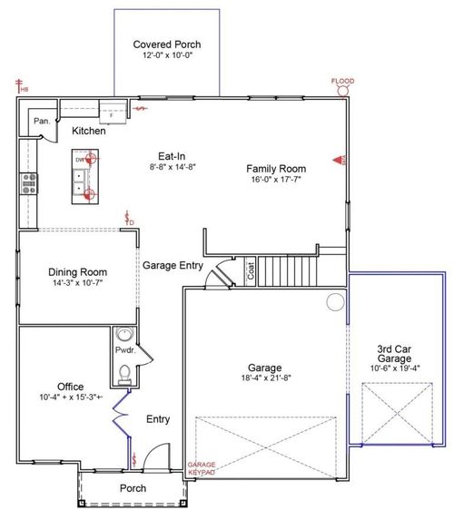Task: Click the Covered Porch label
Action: click(x=166, y=44)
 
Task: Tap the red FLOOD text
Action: click(x=342, y=81)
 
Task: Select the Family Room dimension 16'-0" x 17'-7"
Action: click(x=277, y=181)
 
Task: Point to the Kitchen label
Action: click(x=89, y=132)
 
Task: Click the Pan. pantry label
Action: click(x=41, y=121)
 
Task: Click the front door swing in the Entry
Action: click(x=158, y=458)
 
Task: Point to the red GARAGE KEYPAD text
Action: click(x=201, y=469)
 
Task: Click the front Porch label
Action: click(x=133, y=488)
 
